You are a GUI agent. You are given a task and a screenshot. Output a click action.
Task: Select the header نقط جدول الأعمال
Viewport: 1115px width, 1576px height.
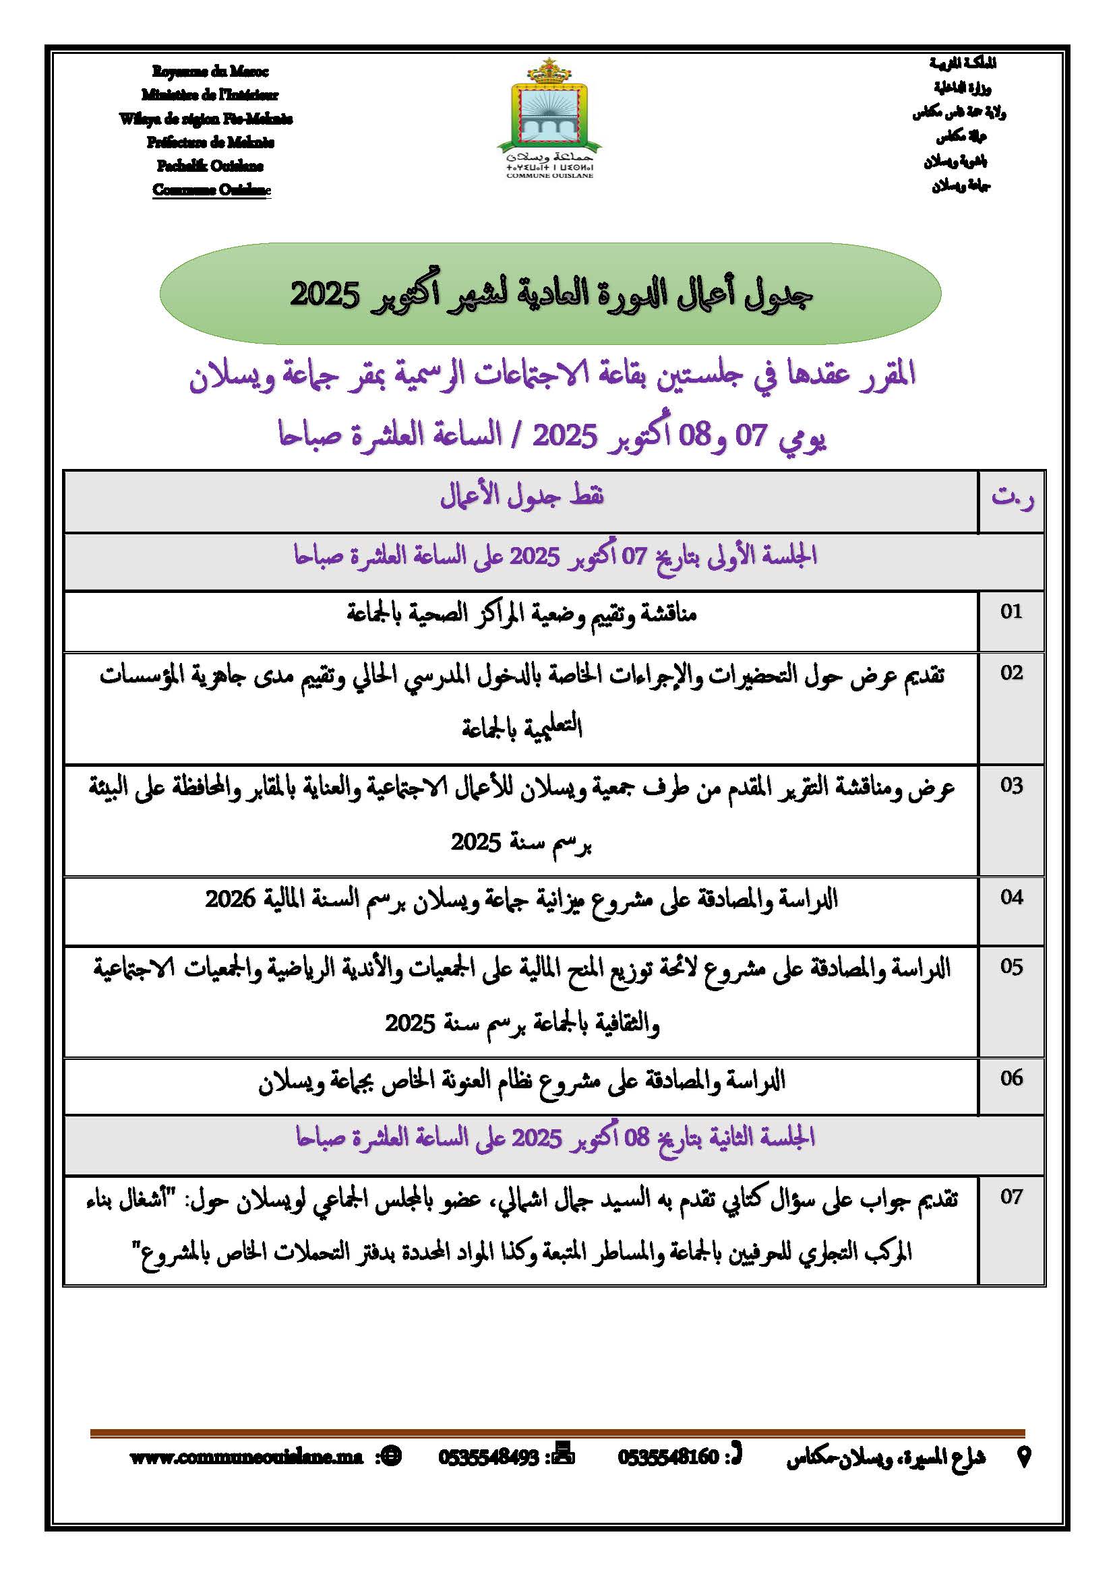(x=522, y=496)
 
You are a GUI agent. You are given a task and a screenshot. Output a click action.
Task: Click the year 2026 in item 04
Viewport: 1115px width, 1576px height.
(x=230, y=899)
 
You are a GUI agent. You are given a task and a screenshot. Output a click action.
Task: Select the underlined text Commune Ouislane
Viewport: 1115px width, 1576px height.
(x=212, y=189)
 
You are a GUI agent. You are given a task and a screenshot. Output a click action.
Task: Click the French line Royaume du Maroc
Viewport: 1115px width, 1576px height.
(x=210, y=71)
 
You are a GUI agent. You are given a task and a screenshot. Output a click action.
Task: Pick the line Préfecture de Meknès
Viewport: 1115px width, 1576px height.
(x=210, y=142)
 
